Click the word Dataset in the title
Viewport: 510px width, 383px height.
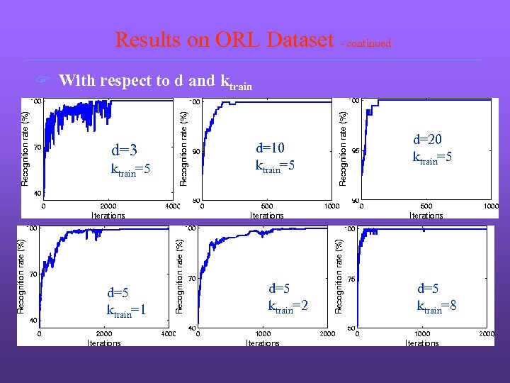[300, 40]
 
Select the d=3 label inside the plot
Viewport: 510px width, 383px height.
[124, 150]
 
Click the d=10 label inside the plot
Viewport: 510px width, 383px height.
[270, 148]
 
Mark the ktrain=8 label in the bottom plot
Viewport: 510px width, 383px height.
[437, 305]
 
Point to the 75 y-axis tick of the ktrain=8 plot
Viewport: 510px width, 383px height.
[350, 279]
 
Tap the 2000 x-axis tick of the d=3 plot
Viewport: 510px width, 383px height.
[108, 207]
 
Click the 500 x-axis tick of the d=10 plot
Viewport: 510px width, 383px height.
[267, 207]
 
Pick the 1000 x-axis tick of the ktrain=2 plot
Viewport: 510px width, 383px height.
[263, 334]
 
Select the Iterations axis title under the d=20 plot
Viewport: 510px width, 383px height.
[426, 216]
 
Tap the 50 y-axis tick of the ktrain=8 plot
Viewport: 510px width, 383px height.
[350, 328]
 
